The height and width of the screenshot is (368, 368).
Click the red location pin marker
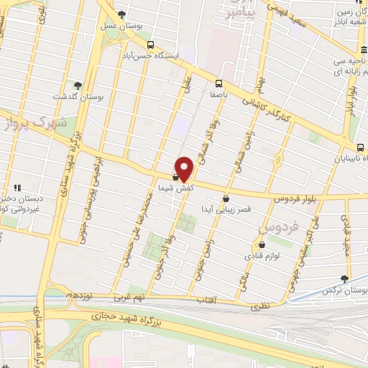click(x=185, y=169)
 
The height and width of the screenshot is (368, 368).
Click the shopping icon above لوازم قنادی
click(x=260, y=245)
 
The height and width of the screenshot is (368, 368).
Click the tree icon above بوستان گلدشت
click(x=78, y=86)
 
